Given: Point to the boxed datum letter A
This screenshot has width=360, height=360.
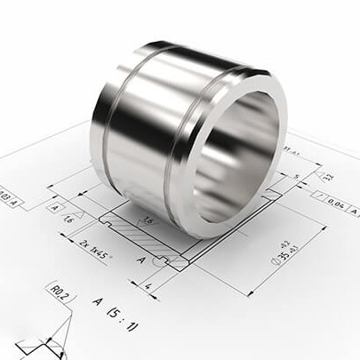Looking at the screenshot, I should (x=55, y=207).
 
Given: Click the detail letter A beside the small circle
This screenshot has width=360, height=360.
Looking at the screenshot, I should (x=140, y=260).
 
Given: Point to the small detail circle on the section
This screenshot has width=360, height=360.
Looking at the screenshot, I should (x=162, y=260).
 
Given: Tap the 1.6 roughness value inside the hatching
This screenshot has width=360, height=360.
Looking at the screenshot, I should (x=147, y=219).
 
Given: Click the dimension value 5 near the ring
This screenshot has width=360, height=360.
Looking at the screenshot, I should (x=296, y=176).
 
